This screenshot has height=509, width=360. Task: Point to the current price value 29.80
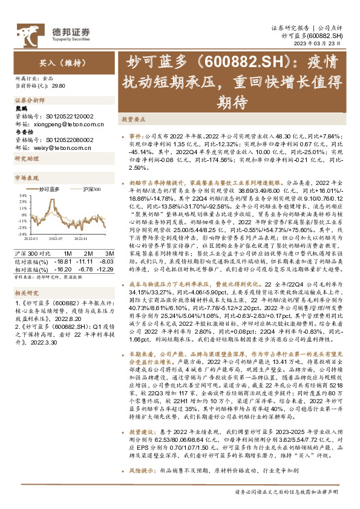59,86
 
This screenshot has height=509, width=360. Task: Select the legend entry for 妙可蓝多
50,189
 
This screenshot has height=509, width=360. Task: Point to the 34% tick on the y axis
22,196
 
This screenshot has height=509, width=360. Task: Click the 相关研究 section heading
26,293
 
